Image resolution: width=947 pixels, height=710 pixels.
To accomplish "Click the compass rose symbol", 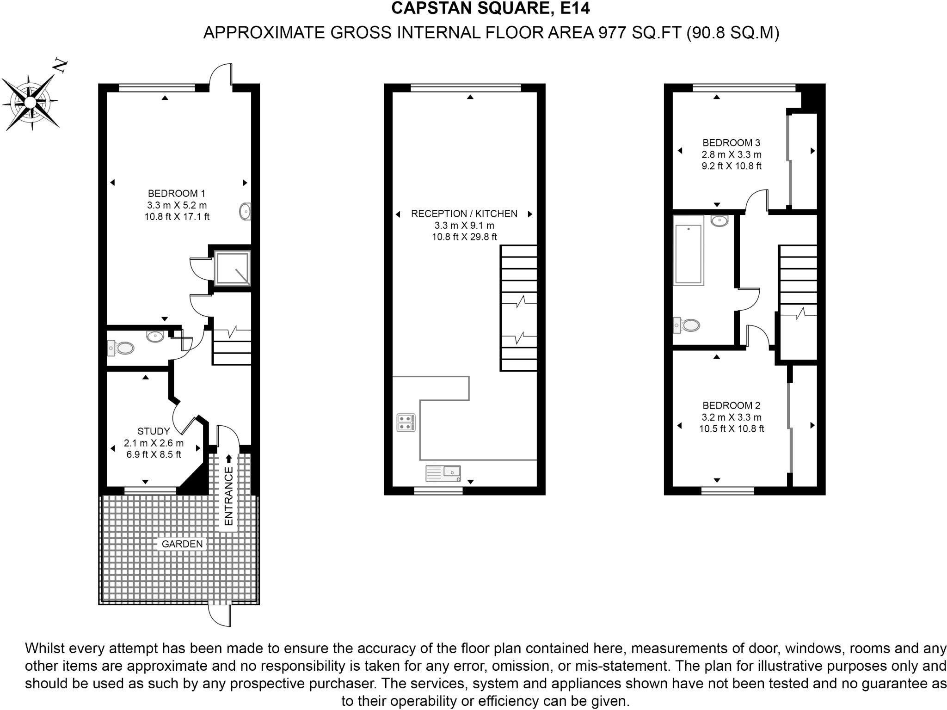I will [31, 102].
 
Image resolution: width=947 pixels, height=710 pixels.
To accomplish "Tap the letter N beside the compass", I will [61, 66].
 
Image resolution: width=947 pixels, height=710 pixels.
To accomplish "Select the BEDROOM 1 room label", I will [176, 194].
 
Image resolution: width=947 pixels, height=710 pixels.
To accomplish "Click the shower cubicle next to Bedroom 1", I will [232, 268].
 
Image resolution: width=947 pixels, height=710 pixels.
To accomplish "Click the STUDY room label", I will [154, 431].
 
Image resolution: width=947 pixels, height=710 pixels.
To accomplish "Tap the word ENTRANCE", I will [228, 496].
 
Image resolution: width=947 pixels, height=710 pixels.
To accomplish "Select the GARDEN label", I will [182, 544].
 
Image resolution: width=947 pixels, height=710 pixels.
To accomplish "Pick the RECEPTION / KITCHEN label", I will [464, 214].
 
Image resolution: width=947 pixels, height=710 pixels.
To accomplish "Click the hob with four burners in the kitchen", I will [406, 422].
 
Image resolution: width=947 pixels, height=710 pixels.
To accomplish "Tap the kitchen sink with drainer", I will [443, 473].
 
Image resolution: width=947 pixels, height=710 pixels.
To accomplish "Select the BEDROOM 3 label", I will [731, 143].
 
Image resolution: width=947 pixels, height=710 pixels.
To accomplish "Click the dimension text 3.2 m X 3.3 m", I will [731, 417].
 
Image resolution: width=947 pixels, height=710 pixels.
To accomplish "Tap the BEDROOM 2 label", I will [731, 406].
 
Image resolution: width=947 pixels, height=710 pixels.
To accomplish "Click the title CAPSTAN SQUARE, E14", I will [491, 8].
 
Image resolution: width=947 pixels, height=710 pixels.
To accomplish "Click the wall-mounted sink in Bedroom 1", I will [245, 212].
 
